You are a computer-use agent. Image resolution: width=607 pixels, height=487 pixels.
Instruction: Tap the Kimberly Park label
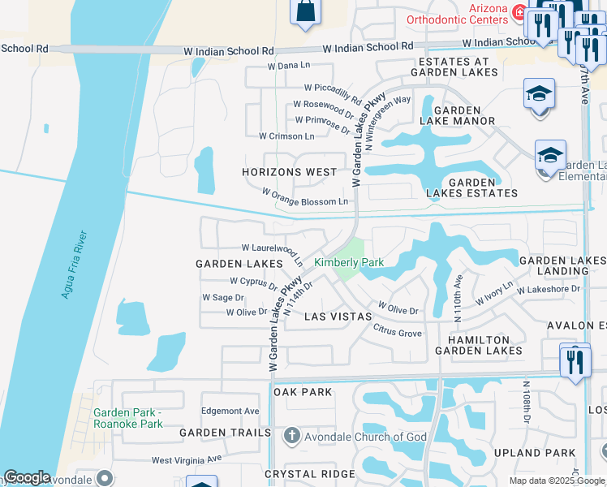[349, 262]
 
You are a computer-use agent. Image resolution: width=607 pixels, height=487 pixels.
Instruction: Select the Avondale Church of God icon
[292, 437]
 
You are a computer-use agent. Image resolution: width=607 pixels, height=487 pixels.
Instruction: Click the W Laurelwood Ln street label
[272, 250]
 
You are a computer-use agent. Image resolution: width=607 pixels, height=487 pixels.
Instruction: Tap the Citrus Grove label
[398, 333]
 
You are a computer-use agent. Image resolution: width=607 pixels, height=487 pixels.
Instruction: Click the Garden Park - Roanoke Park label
[128, 418]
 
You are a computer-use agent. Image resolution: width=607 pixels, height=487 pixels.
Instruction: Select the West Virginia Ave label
[186, 460]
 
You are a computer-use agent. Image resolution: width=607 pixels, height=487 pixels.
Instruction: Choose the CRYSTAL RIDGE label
[310, 473]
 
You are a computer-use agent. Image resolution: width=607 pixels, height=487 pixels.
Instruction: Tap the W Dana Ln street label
[289, 65]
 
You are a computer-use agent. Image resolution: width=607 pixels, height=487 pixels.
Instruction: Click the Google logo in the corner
[27, 477]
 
